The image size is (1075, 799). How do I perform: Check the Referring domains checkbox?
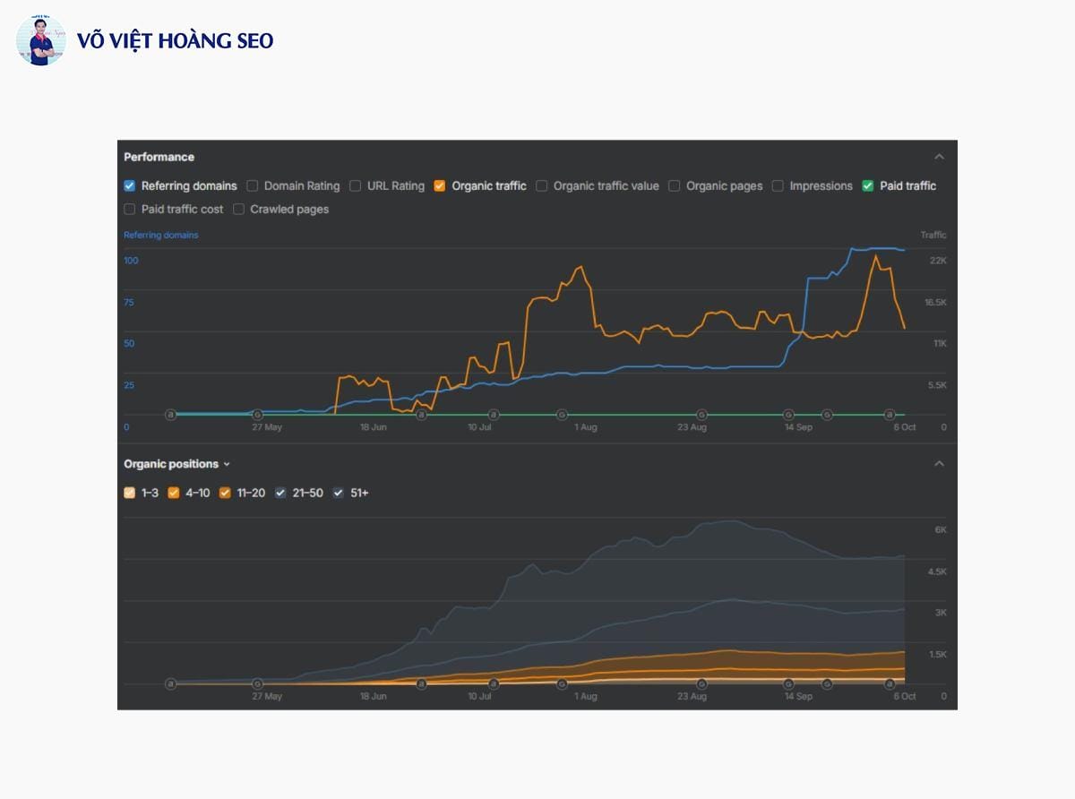tap(129, 185)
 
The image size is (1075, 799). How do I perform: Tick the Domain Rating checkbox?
tap(252, 185)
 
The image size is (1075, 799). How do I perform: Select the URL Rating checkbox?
tap(356, 185)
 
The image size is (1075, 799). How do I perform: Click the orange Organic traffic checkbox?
tap(440, 185)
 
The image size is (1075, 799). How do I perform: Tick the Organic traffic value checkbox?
tap(541, 185)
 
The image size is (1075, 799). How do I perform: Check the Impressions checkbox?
tap(778, 185)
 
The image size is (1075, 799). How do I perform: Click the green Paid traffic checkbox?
tap(867, 185)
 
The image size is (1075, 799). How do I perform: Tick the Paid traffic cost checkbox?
tap(129, 209)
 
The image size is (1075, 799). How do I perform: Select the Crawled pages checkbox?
tap(238, 209)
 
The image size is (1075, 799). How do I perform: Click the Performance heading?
tap(159, 157)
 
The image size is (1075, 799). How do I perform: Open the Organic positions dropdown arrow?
tap(227, 464)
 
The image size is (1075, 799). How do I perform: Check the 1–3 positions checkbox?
tap(129, 493)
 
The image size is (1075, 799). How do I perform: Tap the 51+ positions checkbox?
tap(339, 493)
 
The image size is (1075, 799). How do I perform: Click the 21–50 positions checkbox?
tap(280, 493)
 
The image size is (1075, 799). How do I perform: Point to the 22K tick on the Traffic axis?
tap(938, 261)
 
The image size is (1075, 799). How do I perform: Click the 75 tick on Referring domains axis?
tap(129, 302)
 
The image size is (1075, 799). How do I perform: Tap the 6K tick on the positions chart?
tap(941, 530)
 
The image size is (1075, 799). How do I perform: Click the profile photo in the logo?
tap(40, 40)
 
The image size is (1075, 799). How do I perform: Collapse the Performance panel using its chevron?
tap(939, 157)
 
